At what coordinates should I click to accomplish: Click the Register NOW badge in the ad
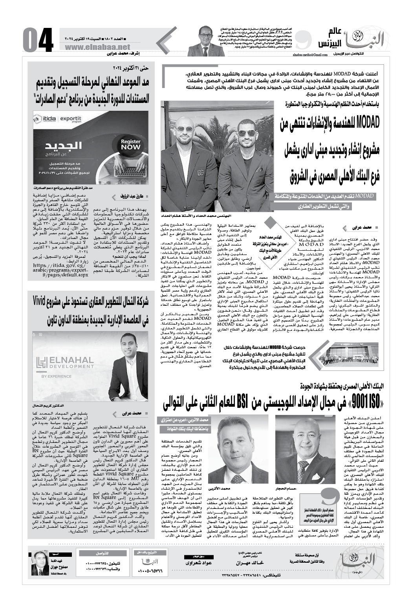tap(131, 145)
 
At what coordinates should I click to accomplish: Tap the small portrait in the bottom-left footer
tap(40, 564)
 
